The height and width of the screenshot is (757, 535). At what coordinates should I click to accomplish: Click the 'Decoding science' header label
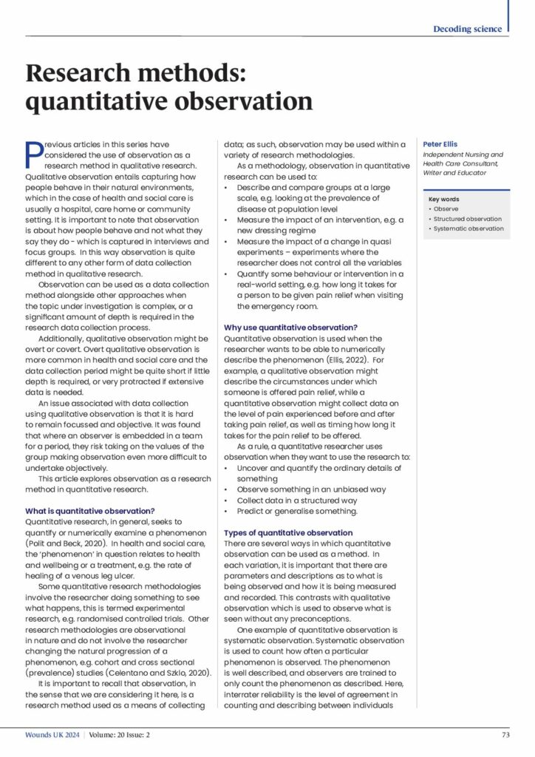[x=468, y=29]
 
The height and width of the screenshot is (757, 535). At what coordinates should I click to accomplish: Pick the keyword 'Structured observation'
[x=467, y=219]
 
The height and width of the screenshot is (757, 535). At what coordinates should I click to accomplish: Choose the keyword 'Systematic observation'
[x=468, y=228]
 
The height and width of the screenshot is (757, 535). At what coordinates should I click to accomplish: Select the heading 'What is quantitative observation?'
[x=89, y=511]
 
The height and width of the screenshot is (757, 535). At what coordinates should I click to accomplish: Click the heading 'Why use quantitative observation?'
[x=290, y=327]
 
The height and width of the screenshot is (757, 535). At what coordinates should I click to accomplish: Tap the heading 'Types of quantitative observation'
[x=288, y=533]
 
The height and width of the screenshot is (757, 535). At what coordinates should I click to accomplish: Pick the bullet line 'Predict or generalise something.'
[x=296, y=511]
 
